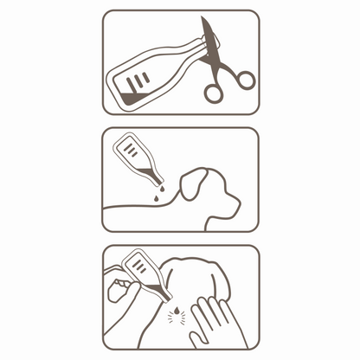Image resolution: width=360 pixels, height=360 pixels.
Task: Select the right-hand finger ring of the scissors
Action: pos(245,80)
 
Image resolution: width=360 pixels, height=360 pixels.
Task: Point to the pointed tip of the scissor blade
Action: pos(203,19)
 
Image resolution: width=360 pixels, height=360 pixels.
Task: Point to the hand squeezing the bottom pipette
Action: pos(121,290)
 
